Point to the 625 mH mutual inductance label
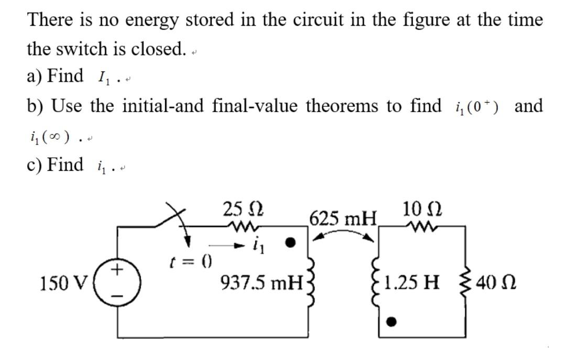pyautogui.click(x=343, y=216)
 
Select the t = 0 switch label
pyautogui.click(x=184, y=261)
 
